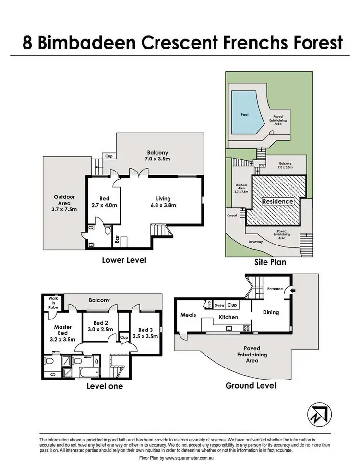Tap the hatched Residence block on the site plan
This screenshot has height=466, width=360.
(277, 201)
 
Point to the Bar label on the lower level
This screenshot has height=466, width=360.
(117, 239)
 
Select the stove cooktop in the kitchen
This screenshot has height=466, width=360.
(247, 329)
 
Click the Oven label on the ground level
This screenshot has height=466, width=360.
(219, 305)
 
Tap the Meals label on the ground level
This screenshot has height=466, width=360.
(187, 315)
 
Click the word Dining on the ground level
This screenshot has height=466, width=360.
(271, 312)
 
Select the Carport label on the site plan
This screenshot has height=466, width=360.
(232, 216)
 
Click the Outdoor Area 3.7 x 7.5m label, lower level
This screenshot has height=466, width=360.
(64, 203)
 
